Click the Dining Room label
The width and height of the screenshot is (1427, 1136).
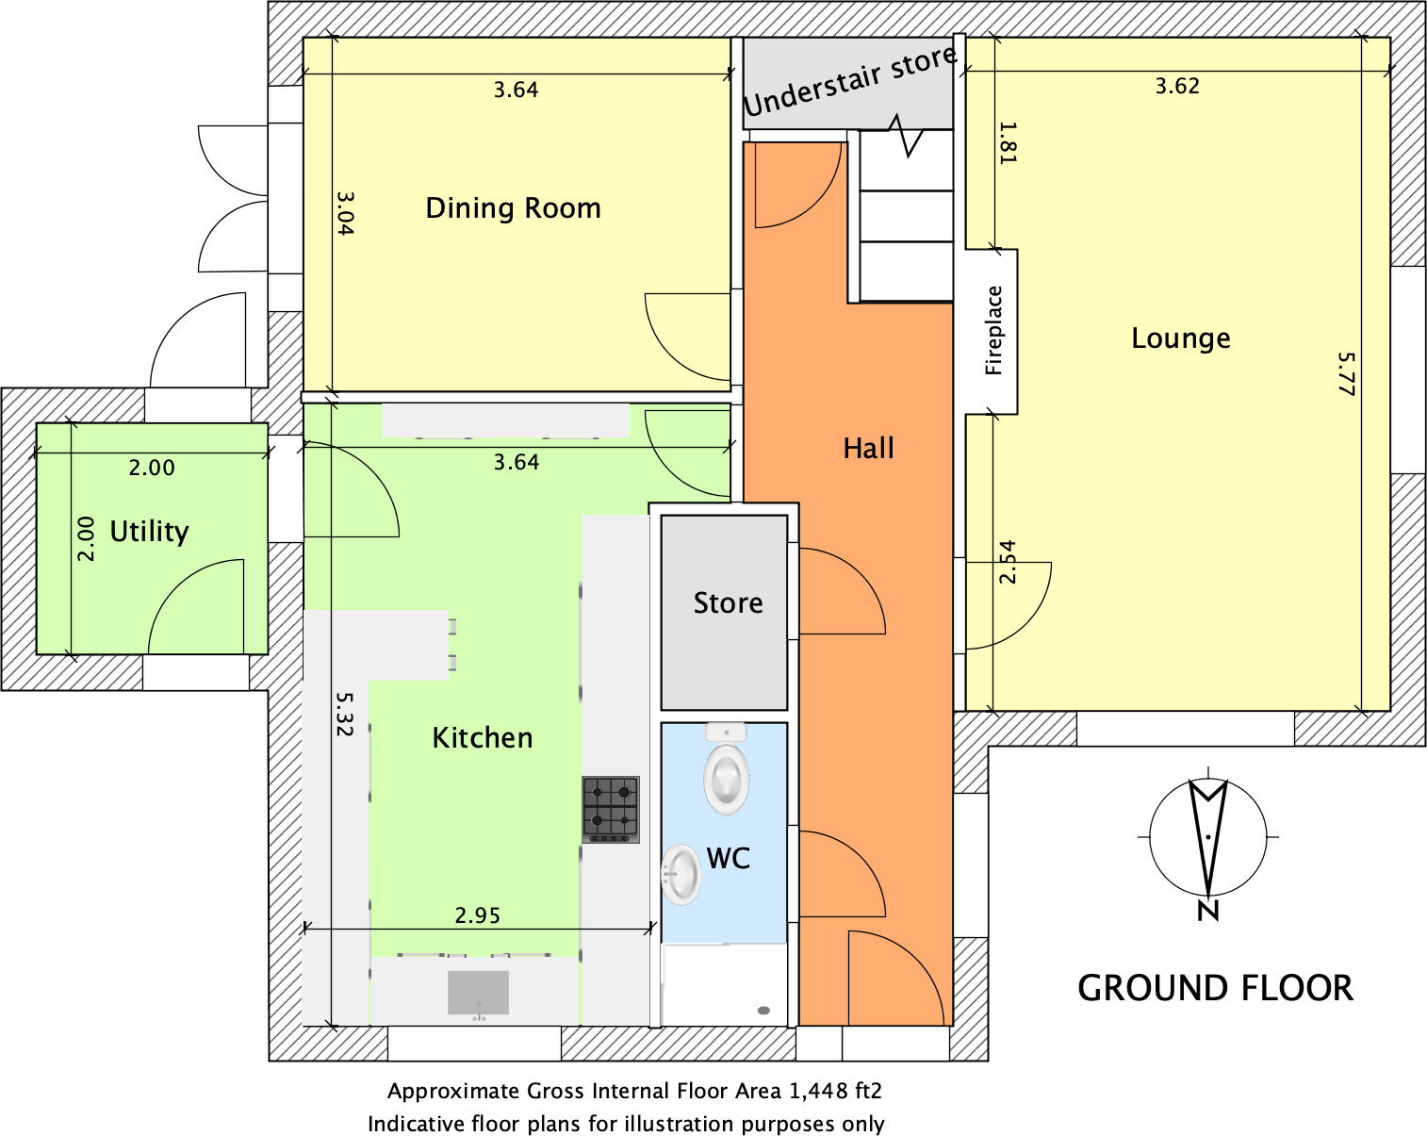pos(513,208)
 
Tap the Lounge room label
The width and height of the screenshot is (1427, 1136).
pos(1180,338)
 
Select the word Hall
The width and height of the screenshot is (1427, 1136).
pos(868,449)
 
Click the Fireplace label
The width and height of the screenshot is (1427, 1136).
pos(992,330)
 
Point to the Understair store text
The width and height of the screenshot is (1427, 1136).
pos(849,81)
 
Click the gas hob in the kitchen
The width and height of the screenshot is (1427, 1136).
pos(611,810)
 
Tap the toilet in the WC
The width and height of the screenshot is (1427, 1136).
pos(726,769)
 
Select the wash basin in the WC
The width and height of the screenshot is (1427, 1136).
pos(681,874)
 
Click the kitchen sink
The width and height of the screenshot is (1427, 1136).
pos(478,993)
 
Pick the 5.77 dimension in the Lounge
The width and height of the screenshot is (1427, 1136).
pos(1346,374)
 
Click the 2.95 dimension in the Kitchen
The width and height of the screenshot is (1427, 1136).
pos(478,915)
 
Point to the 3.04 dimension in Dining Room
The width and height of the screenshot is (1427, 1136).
pos(345,214)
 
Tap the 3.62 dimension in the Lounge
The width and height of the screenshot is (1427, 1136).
pos(1177,86)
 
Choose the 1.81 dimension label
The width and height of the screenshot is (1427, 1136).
pos(1008,142)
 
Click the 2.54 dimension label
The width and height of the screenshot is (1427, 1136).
pos(1008,562)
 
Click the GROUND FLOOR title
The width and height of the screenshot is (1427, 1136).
pos(1215,988)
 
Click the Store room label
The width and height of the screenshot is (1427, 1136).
pos(728,602)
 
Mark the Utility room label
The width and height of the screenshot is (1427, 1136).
pos(149,532)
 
